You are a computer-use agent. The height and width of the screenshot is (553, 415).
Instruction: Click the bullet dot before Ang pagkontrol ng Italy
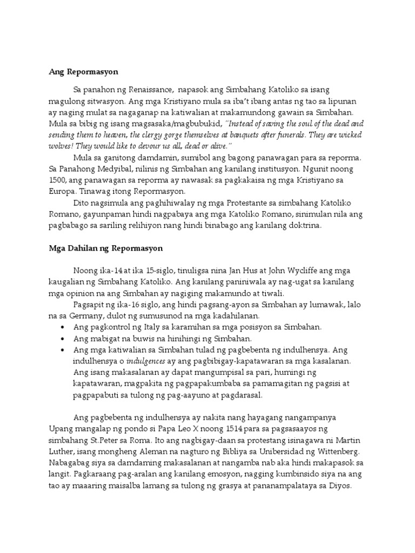pos(63,328)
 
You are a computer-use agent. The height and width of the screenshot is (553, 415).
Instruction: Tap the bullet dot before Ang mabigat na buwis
pos(63,339)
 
